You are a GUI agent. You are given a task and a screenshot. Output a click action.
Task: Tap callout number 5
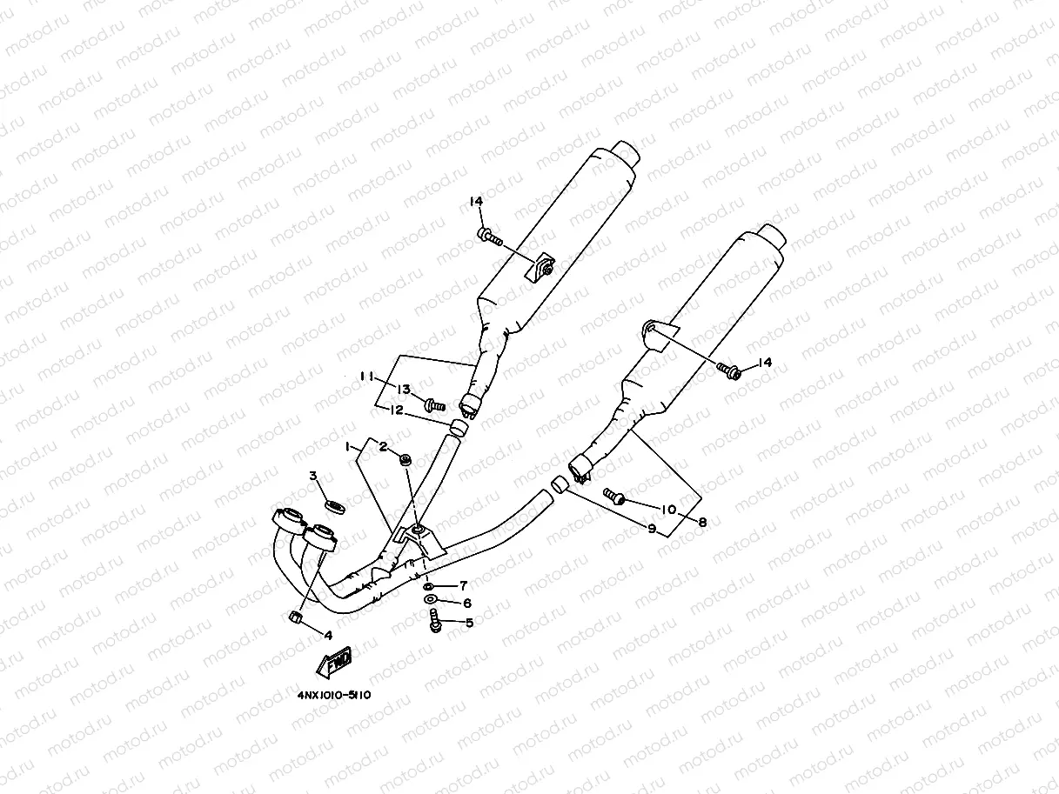[x=469, y=623]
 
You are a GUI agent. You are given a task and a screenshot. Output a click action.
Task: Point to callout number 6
[x=467, y=603]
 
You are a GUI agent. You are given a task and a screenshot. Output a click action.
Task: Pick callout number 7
[x=464, y=584]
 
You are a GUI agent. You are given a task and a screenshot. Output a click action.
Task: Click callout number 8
[x=702, y=522]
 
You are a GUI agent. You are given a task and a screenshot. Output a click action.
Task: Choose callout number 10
[x=668, y=510]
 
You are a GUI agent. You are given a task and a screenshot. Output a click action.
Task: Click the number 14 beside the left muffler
[x=476, y=202]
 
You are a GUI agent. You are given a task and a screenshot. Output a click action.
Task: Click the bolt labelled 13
[x=433, y=404]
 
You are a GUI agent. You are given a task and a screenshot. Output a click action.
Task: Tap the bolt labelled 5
[x=435, y=622]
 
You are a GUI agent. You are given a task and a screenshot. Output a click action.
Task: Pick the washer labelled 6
[x=431, y=600]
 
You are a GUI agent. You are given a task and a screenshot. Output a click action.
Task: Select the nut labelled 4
[x=294, y=618]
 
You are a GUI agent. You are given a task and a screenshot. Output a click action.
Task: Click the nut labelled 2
[x=406, y=459]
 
